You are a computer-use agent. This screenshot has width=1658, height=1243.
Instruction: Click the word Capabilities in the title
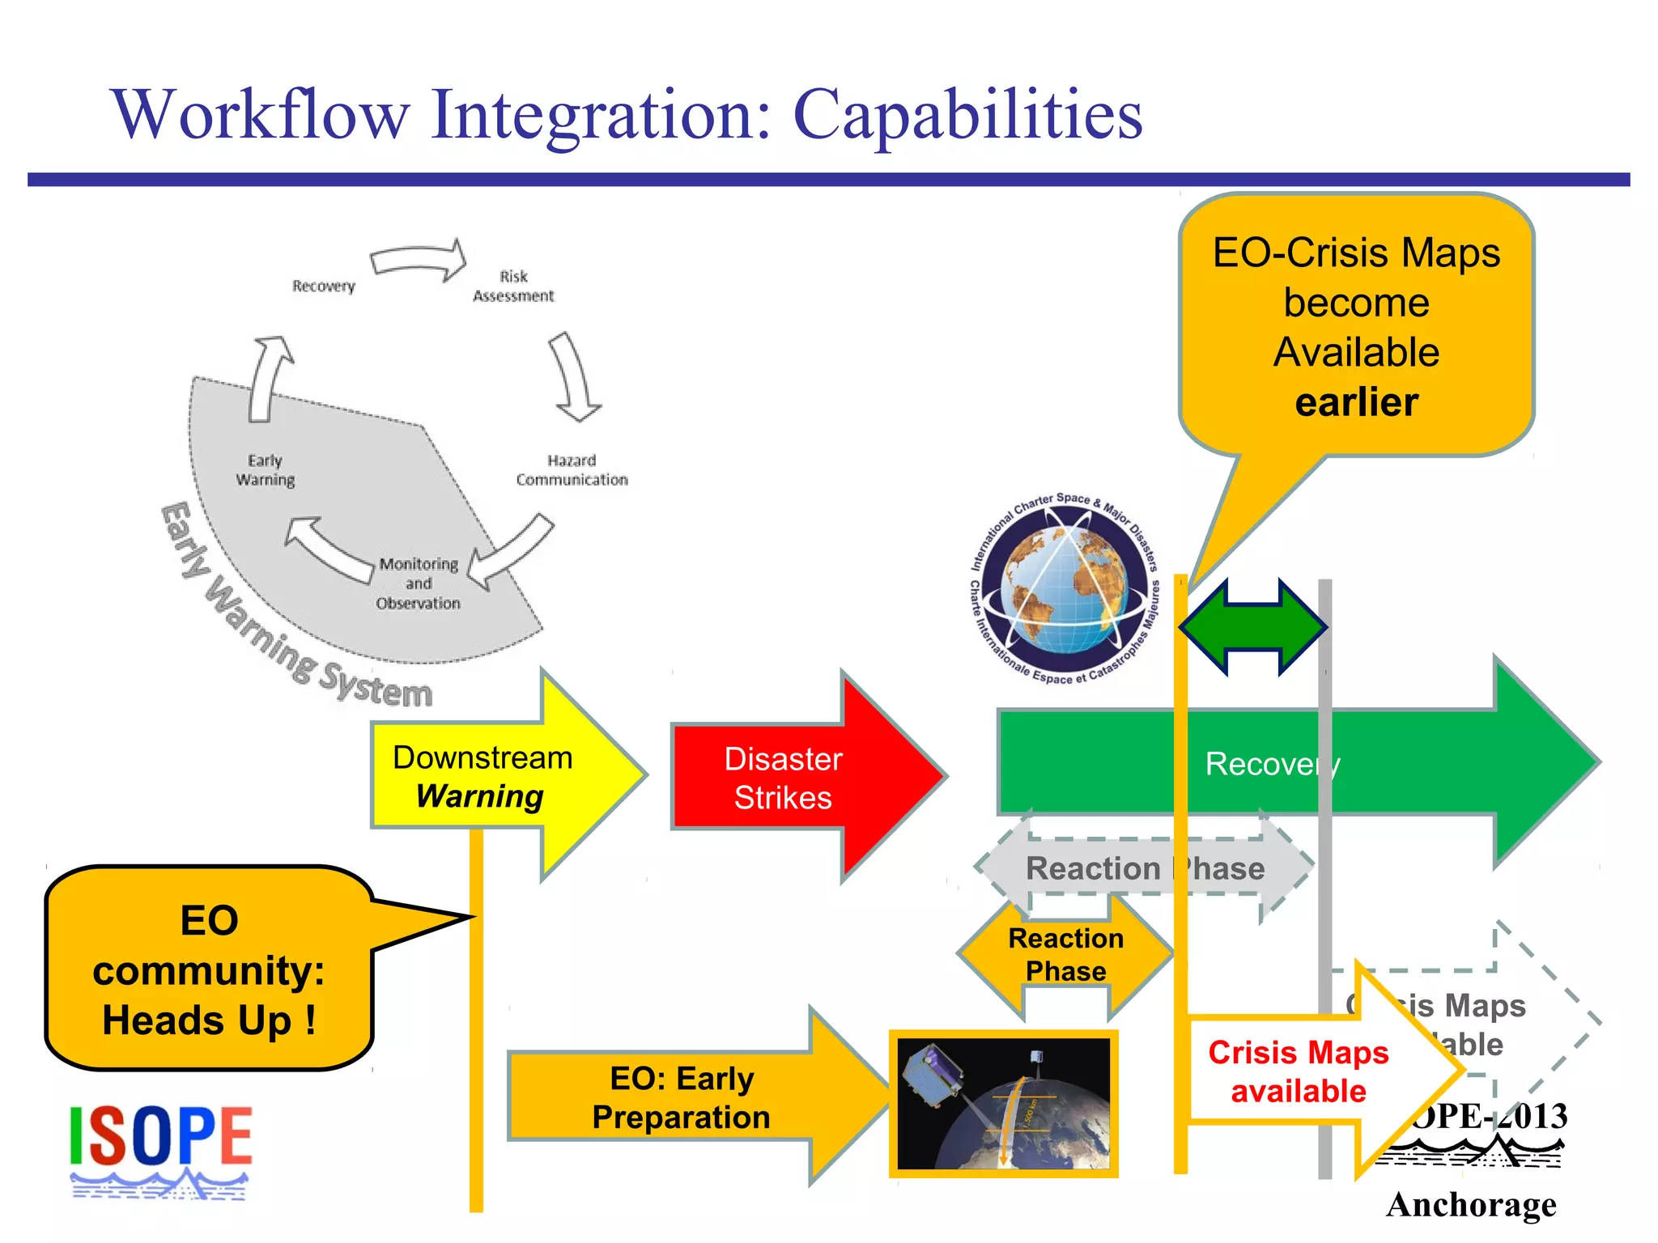coord(967,115)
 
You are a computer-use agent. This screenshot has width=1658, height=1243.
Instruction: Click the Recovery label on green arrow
coord(1272,764)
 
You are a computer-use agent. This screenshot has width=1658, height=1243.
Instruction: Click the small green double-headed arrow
coord(1252,627)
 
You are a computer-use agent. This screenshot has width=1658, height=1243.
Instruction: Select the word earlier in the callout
coord(1356,402)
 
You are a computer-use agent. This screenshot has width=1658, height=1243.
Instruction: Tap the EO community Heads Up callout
coord(209,969)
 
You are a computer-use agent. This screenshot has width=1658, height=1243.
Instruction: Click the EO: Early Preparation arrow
coord(682,1097)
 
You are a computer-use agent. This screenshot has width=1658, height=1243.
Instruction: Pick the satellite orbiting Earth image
coord(1004,1103)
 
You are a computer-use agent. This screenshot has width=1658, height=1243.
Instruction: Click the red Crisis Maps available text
coord(1298,1071)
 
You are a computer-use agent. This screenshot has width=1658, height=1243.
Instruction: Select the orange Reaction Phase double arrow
coord(1065,955)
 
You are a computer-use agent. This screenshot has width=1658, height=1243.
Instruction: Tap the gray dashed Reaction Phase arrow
coord(1145,868)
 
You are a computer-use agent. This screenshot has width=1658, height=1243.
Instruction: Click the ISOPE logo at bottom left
coord(160,1149)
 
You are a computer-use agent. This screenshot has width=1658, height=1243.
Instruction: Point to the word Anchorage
coord(1471,1204)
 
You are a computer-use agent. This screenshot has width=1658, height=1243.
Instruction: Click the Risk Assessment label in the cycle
coord(513,286)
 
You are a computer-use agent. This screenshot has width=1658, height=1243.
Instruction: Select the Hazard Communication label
coord(572,470)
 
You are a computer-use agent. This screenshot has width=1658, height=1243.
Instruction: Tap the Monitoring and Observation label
coord(418,583)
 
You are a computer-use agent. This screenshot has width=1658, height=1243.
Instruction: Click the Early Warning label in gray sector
coord(265,470)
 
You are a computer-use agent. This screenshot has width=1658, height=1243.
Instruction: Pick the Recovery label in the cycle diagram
coord(324,286)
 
